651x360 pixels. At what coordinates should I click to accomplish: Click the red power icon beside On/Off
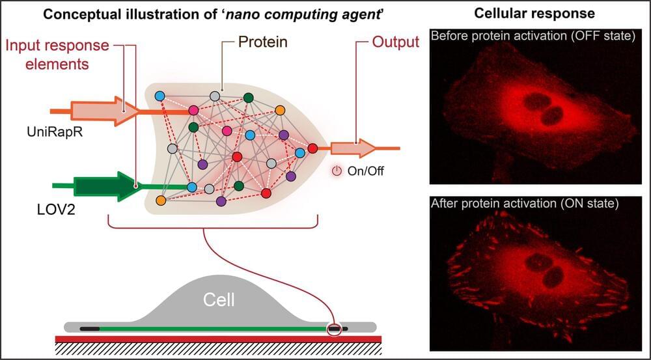click(337, 171)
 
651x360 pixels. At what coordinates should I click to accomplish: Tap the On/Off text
click(361, 171)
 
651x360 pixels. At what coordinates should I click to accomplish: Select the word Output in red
click(395, 43)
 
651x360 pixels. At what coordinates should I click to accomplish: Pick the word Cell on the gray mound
click(219, 300)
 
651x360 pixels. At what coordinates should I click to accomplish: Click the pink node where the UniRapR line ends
click(193, 109)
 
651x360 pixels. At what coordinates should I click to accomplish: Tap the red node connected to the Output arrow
click(312, 148)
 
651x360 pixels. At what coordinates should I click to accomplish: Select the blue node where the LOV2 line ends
click(192, 187)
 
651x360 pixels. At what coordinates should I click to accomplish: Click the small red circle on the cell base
click(334, 327)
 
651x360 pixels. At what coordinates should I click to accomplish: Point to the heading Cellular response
click(533, 14)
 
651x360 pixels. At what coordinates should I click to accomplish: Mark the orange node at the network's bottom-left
click(160, 200)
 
